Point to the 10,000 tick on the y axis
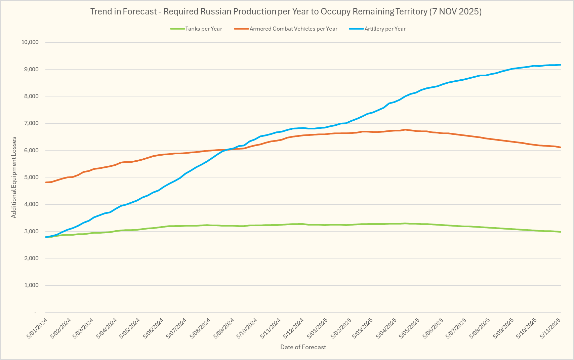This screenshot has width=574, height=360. tap(30, 42)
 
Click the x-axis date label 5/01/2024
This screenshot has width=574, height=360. tap(37, 328)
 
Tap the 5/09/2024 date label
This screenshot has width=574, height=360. tap(224, 328)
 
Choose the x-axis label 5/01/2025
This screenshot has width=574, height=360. tap(318, 328)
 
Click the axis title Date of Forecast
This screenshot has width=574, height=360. tap(303, 347)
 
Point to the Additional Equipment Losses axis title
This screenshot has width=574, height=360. tap(14, 177)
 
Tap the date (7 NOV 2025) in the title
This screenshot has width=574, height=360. tap(455, 12)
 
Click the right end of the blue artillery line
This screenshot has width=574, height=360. tap(561, 65)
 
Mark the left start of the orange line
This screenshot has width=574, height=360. tap(46, 183)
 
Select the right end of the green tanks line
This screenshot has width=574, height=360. tap(561, 232)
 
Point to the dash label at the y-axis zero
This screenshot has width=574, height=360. tap(35, 313)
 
